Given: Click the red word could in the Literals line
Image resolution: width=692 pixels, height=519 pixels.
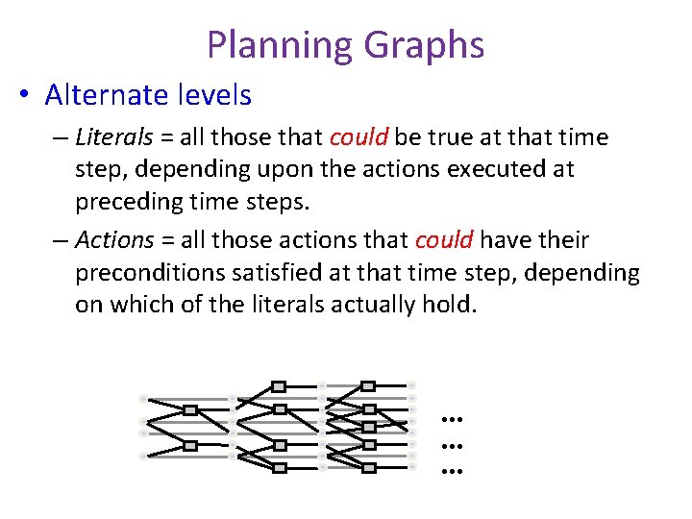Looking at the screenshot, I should click(358, 137).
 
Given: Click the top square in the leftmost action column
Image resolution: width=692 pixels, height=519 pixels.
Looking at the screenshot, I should click(190, 409).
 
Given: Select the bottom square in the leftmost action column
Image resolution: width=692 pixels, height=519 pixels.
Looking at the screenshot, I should click(190, 445).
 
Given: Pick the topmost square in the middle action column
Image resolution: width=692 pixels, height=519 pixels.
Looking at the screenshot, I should click(279, 386).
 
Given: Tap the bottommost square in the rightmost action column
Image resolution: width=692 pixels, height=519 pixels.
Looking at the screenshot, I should click(368, 468).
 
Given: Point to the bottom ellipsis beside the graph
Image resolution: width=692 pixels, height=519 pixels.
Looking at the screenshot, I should click(452, 472).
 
